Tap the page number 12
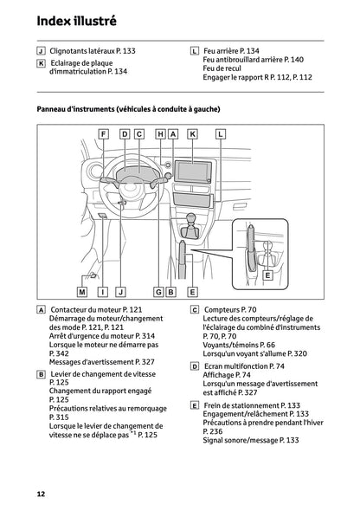tap(41, 493)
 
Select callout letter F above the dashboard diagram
tap(103, 134)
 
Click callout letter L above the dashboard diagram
tap(220, 134)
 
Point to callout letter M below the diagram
tap(82, 292)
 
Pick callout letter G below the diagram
tap(158, 292)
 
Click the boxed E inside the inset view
tap(267, 275)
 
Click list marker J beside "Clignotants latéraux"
tap(42, 52)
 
